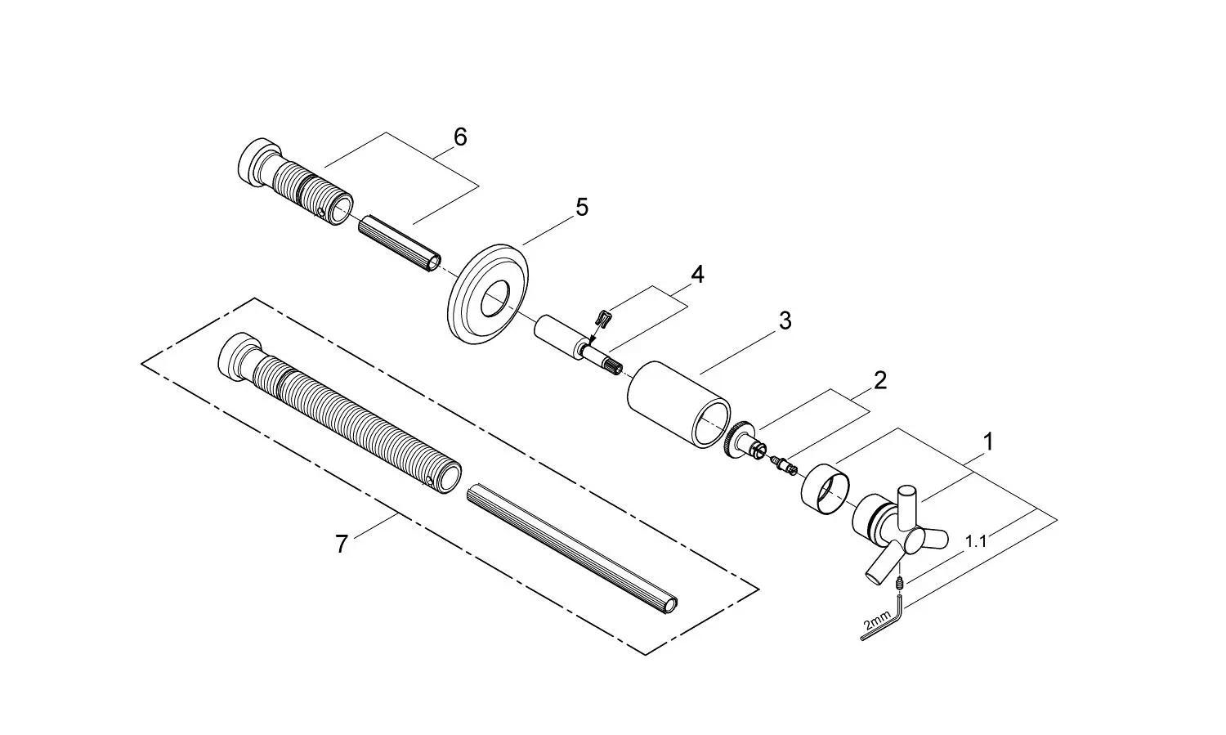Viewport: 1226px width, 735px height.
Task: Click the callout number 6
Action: tap(460, 137)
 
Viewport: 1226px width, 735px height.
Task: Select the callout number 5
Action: tap(581, 207)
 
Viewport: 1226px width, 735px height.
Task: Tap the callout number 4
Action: tap(696, 274)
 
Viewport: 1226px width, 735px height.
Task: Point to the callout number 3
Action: tap(785, 320)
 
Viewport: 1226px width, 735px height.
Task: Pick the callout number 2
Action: tap(879, 380)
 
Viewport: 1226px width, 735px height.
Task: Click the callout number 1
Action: tap(987, 442)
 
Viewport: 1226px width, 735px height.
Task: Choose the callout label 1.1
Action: tap(976, 540)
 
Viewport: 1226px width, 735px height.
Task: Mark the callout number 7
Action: tap(341, 543)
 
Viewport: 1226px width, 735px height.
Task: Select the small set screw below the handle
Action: tap(898, 584)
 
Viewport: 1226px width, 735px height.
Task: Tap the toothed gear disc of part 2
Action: tap(736, 441)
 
